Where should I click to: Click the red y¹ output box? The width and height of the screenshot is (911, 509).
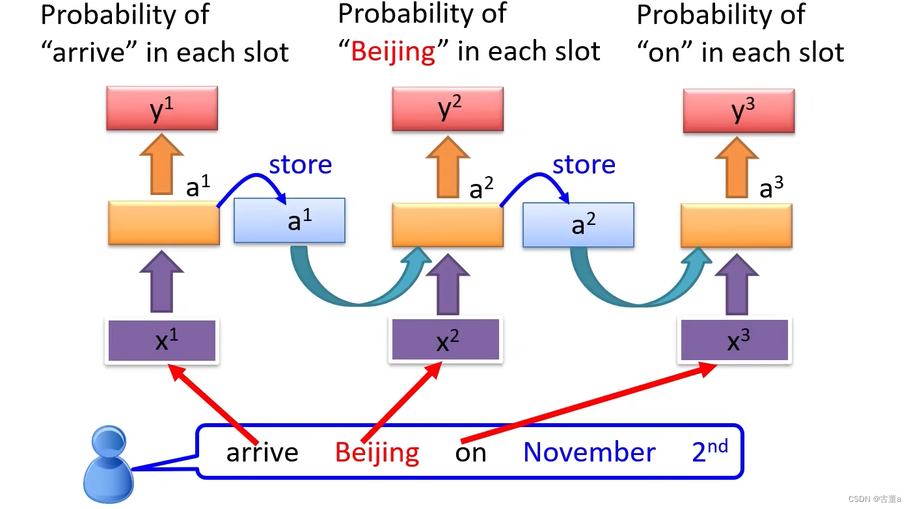(161, 109)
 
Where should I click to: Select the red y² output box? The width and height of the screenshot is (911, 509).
(447, 109)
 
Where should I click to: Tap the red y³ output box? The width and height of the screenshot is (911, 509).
(739, 111)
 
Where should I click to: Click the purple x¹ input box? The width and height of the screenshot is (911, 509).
(162, 341)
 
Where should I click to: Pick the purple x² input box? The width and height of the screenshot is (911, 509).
(445, 341)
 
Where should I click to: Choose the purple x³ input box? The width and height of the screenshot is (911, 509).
(735, 341)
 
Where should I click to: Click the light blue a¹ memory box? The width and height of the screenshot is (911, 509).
(290, 221)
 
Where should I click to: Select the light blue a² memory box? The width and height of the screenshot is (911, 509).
(578, 225)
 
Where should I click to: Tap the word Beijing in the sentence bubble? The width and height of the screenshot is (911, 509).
(377, 452)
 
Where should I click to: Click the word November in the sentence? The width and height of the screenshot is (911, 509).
(589, 452)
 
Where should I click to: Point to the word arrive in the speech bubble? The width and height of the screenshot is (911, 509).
(262, 452)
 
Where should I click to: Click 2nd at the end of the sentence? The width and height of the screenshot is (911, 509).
(710, 450)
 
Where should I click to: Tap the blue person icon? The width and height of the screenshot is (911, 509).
(108, 463)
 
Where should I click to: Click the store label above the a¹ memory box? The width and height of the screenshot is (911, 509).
(300, 165)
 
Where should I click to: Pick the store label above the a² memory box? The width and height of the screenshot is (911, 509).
(584, 165)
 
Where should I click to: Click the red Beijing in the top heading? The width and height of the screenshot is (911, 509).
(393, 51)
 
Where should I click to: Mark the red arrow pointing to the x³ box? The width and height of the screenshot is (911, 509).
(586, 403)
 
